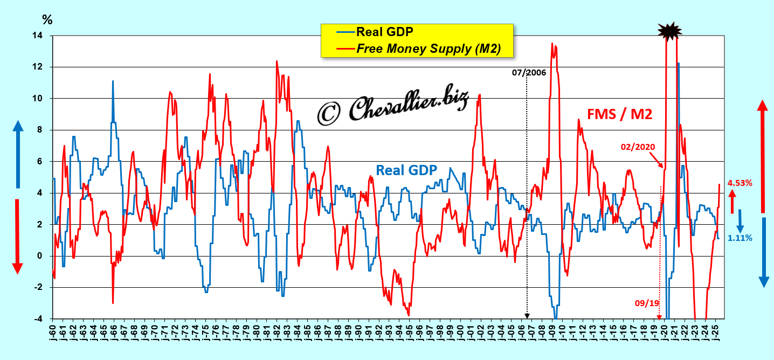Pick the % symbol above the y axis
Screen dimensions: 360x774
coord(47,20)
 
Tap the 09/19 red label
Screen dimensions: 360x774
coord(647,303)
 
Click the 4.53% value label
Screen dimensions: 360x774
coord(740,183)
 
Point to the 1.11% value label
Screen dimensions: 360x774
coord(740,237)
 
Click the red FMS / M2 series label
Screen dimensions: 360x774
coord(619,114)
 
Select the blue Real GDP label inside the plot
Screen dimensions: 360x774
coord(406,170)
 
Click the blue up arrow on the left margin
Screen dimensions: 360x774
coord(17,154)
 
